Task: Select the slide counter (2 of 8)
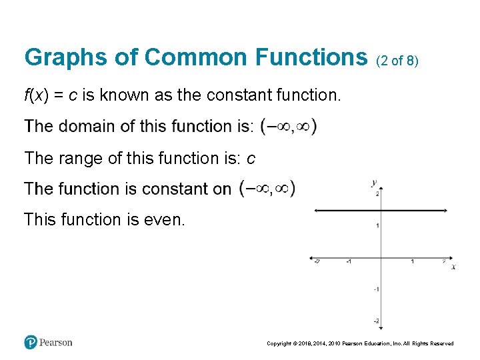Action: coord(397,61)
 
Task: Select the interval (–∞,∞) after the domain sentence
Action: coord(288,126)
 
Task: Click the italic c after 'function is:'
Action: coord(251,159)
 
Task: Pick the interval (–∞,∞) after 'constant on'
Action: coord(267,189)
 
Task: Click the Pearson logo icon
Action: coord(31,342)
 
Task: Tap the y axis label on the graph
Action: coord(374,181)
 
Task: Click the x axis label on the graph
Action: coord(453,267)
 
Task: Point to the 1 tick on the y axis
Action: coord(378,226)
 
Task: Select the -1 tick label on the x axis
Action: coord(348,261)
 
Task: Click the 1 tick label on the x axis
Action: coord(412,261)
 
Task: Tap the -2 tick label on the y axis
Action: coord(376,321)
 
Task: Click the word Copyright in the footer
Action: coord(279,343)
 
